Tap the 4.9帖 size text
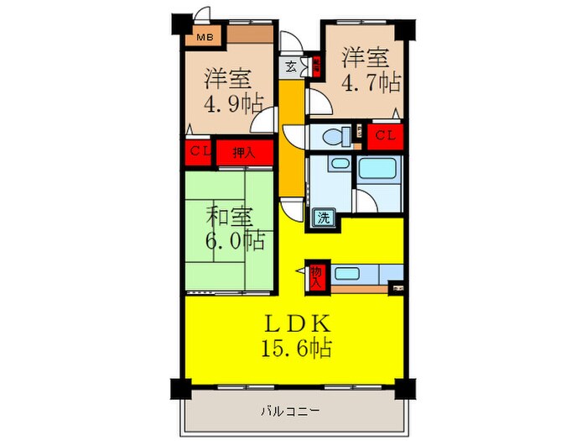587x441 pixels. click(x=234, y=104)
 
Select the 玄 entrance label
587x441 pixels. click(x=290, y=66)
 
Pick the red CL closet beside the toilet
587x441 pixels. click(x=385, y=134)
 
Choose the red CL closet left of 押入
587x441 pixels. click(x=200, y=152)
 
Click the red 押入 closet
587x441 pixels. click(x=245, y=153)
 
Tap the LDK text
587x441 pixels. click(x=293, y=323)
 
